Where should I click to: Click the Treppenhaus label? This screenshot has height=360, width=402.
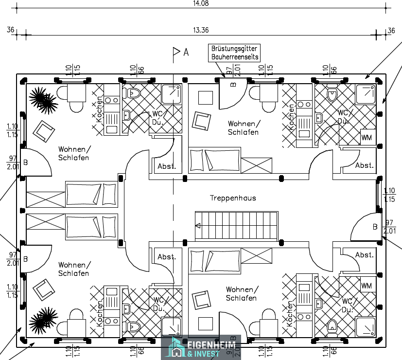click(233, 198)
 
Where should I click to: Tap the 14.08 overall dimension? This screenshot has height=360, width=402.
click(200, 3)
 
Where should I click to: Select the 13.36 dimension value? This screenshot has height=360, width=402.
click(200, 30)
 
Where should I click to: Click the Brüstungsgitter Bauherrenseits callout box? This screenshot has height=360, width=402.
click(234, 53)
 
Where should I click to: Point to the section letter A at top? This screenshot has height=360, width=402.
click(186, 52)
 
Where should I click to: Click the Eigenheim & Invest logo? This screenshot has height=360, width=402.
click(201, 347)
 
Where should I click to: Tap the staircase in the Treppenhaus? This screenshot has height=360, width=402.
click(236, 225)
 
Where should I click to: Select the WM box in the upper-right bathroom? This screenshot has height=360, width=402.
click(366, 138)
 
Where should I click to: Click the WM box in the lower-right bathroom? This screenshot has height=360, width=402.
click(366, 286)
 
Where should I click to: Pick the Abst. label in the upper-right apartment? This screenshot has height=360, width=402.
click(364, 165)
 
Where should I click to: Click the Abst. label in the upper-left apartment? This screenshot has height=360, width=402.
click(167, 166)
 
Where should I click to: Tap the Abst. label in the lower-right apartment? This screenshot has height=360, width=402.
click(364, 255)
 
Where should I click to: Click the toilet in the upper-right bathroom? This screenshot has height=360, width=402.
click(332, 93)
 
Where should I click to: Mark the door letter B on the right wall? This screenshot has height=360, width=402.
click(375, 227)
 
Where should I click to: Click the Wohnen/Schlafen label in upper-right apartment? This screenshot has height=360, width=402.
click(243, 128)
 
